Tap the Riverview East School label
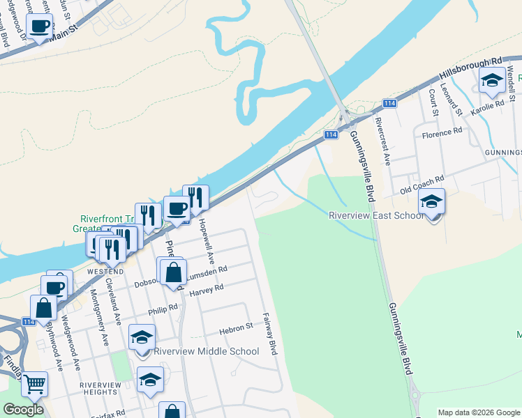pos(376,215)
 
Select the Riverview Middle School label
pos(206,351)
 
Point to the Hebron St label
pos(236,327)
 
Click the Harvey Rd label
pos(207,289)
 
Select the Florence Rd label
pos(447,131)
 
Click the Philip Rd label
pos(163,309)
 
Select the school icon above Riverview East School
pos(431,202)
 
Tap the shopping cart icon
pos(33,384)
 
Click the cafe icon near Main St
pos(39,27)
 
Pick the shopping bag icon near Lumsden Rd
pos(174,273)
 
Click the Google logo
pos(23,410)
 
